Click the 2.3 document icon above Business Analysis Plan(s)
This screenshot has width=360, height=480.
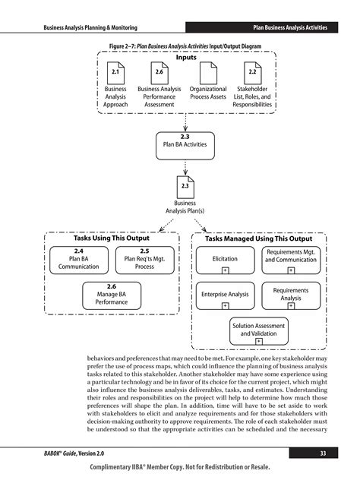pyautogui.click(x=185, y=186)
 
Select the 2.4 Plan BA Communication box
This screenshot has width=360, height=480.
pyautogui.click(x=78, y=259)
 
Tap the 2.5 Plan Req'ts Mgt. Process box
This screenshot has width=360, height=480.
pyautogui.click(x=144, y=259)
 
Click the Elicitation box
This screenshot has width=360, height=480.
pyautogui.click(x=225, y=259)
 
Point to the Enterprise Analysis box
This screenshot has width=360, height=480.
pyautogui.click(x=225, y=294)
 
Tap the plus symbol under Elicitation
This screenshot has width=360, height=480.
pyautogui.click(x=226, y=270)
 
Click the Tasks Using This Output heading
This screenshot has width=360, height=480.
pyautogui.click(x=111, y=238)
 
